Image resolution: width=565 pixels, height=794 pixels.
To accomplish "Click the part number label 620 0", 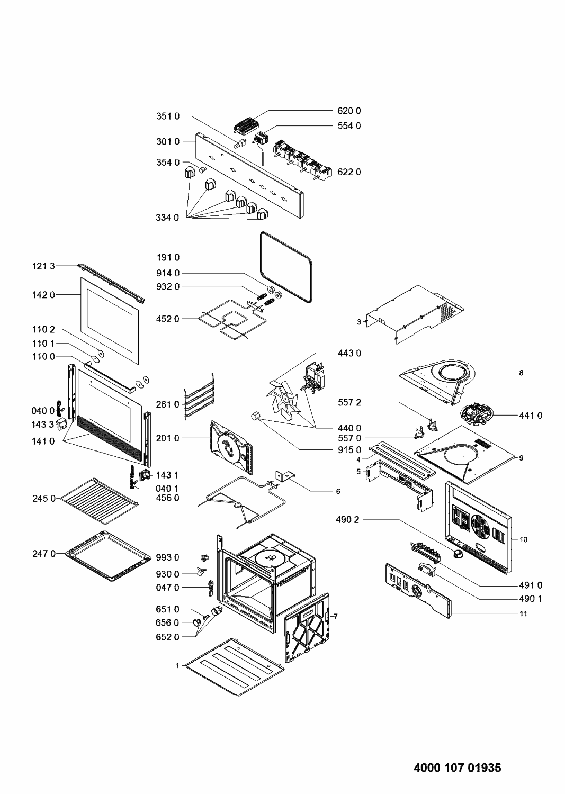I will coord(349,111).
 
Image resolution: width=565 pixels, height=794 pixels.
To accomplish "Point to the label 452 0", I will coord(168,319).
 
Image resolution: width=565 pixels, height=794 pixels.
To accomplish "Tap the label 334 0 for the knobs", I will coord(168,218).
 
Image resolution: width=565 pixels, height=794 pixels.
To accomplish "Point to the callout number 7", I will coord(335,616).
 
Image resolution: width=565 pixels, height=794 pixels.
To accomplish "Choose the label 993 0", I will coord(168,557).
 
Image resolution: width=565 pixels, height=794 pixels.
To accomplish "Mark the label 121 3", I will coord(43,266).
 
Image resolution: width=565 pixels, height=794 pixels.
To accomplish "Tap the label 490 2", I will coord(347,520).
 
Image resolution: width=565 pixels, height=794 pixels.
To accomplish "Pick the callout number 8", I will coord(521,373).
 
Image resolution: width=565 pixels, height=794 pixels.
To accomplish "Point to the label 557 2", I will coord(349,403).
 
